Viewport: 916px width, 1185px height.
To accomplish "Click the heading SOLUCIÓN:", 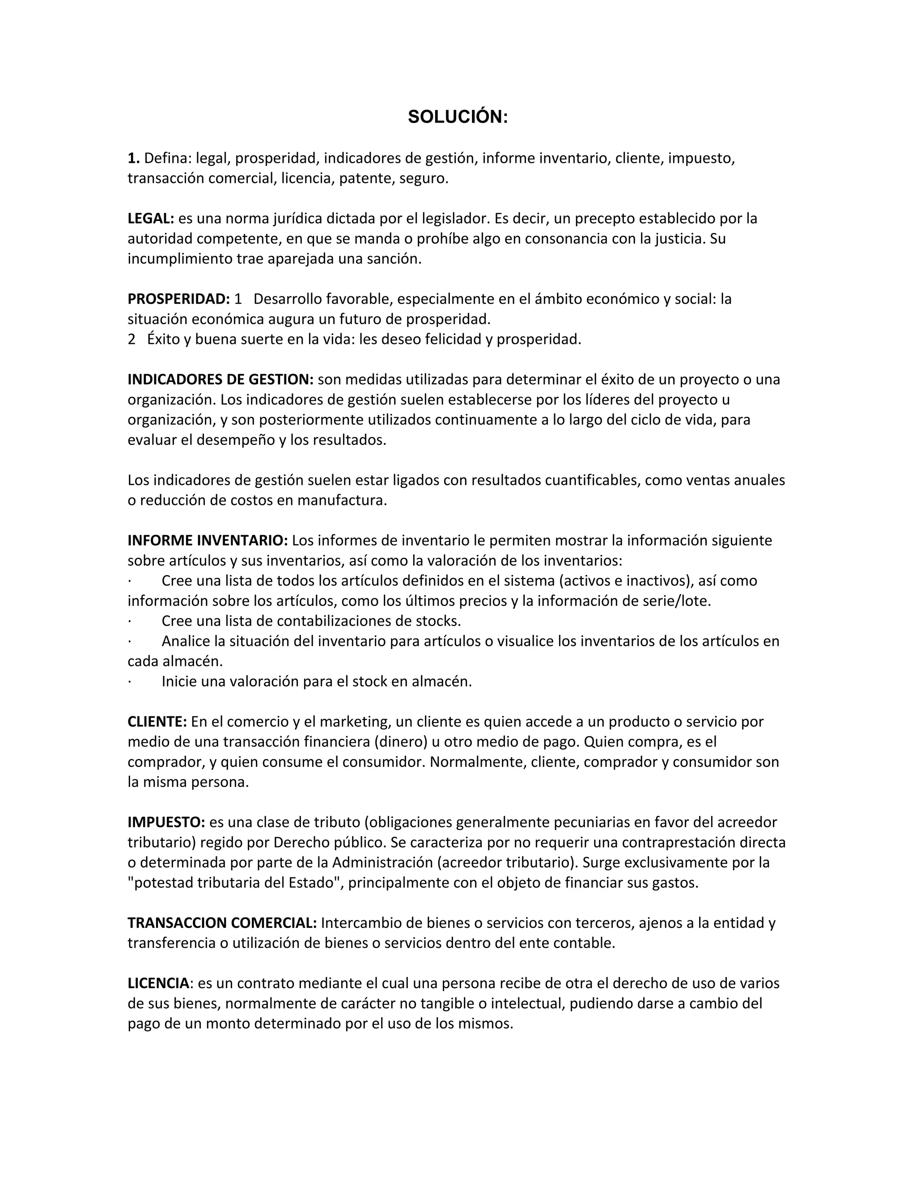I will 458,117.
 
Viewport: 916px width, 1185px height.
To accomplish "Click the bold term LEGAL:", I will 150,219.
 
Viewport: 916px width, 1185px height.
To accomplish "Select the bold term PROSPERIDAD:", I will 179,299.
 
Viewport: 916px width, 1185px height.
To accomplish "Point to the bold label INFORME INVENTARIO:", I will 207,541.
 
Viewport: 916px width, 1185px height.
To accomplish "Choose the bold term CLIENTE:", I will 157,722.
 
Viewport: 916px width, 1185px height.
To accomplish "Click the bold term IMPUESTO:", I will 166,822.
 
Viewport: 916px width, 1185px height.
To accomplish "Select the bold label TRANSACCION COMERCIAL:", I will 222,923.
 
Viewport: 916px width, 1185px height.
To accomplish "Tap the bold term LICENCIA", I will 158,983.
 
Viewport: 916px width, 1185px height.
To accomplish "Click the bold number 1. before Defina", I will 133,158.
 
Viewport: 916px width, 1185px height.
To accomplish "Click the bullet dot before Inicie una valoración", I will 130,681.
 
